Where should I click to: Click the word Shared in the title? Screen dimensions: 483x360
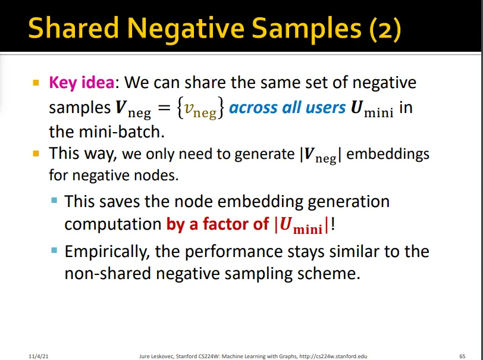coord(73,28)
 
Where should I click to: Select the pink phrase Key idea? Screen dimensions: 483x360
coord(81,83)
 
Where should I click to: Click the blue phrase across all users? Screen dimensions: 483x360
coord(287,108)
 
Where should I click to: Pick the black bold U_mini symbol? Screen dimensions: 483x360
coord(372,109)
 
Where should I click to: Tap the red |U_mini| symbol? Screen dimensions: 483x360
coord(302,225)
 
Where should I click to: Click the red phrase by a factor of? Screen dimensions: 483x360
coord(218,224)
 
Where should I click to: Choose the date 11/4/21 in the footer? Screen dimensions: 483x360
coord(39,356)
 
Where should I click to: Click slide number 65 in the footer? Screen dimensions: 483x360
coord(462,356)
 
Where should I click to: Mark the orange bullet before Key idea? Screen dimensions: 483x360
coord(36,83)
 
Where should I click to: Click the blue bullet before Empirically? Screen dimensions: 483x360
coord(54,250)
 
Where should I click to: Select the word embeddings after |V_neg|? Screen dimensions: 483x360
coord(388,154)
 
